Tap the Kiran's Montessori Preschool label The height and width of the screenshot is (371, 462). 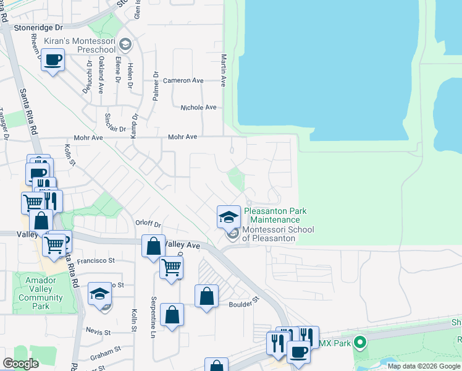click(80, 45)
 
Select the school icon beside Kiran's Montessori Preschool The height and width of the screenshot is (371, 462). click(125, 44)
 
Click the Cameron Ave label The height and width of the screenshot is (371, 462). click(183, 80)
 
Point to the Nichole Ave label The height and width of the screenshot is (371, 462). click(198, 108)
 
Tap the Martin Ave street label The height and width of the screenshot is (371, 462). click(224, 69)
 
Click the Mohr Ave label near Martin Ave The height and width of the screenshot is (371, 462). click(183, 137)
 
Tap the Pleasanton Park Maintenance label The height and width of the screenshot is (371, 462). click(275, 215)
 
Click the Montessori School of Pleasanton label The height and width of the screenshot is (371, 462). click(278, 234)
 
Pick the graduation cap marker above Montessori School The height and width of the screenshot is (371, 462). click(229, 217)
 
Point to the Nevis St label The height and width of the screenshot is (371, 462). click(98, 332)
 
